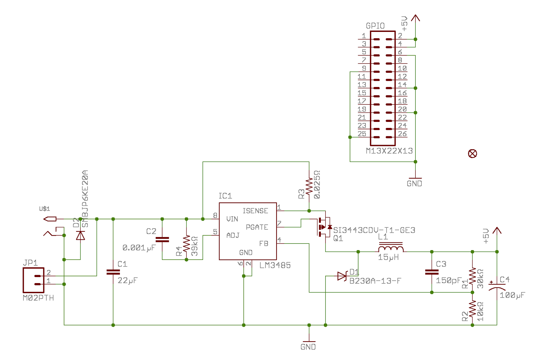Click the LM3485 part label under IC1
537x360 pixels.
[275, 265]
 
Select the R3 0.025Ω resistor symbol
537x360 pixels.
[309, 187]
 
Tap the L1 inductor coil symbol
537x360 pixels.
[391, 249]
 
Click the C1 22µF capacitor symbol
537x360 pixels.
[113, 272]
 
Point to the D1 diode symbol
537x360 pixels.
[342, 276]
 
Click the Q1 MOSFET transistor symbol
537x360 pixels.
[324, 227]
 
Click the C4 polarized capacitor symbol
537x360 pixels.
[497, 286]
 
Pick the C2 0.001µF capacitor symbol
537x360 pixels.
[162, 239]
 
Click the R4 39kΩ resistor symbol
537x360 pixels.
[187, 243]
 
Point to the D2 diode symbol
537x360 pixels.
[80, 235]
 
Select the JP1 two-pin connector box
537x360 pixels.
[34, 280]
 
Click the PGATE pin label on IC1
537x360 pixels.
[257, 227]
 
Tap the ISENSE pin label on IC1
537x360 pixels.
[255, 211]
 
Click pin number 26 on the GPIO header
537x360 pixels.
[402, 134]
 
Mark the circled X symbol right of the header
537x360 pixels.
[472, 154]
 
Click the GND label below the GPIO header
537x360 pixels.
[414, 184]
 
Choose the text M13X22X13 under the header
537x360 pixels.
[389, 151]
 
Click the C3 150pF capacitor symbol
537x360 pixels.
[432, 272]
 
